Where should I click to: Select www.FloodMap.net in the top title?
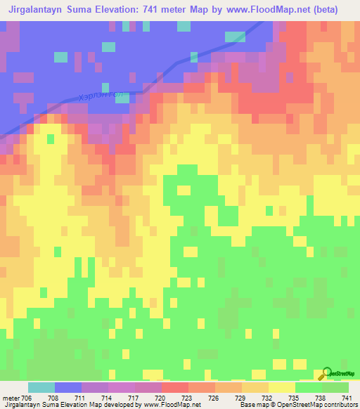264,10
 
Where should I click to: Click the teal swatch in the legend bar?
41,387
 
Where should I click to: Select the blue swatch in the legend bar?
68,387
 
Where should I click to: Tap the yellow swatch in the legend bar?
282,387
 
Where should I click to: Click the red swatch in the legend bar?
175,387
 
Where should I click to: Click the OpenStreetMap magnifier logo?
327,373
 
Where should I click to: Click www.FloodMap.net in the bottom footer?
171,405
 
